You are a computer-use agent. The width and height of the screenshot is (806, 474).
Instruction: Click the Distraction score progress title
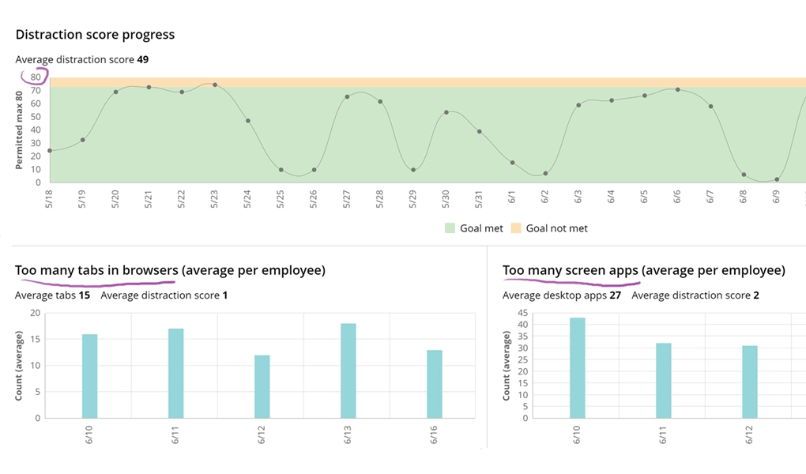tap(95, 35)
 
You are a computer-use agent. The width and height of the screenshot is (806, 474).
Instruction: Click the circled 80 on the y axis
tap(36, 77)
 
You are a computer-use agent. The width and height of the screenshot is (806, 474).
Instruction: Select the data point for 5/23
tap(215, 85)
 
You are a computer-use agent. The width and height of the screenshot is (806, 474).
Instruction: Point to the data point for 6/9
tap(777, 179)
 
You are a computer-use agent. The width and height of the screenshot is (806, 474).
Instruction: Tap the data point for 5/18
tap(50, 150)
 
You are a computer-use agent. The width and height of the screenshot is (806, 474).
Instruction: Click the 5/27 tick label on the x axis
tap(346, 199)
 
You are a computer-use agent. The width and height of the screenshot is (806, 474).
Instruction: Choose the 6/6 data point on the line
tap(677, 89)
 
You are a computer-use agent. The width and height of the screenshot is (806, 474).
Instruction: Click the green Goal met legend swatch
tap(450, 228)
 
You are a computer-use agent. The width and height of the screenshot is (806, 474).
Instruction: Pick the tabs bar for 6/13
tap(348, 371)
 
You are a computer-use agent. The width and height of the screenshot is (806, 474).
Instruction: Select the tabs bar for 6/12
tap(262, 386)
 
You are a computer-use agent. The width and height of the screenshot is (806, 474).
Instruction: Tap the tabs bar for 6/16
tap(435, 384)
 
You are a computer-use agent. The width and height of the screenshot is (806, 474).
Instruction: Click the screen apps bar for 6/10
tap(578, 367)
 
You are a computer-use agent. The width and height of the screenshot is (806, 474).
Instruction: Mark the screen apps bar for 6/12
tap(750, 382)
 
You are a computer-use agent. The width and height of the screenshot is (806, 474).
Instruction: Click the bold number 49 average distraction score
tap(142, 59)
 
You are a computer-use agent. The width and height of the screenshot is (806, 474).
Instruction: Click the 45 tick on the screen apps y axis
tap(522, 313)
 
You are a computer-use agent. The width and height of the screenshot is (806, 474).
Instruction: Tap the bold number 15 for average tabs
tap(85, 295)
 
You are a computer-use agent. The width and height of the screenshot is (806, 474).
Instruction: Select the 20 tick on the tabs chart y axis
tap(35, 313)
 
